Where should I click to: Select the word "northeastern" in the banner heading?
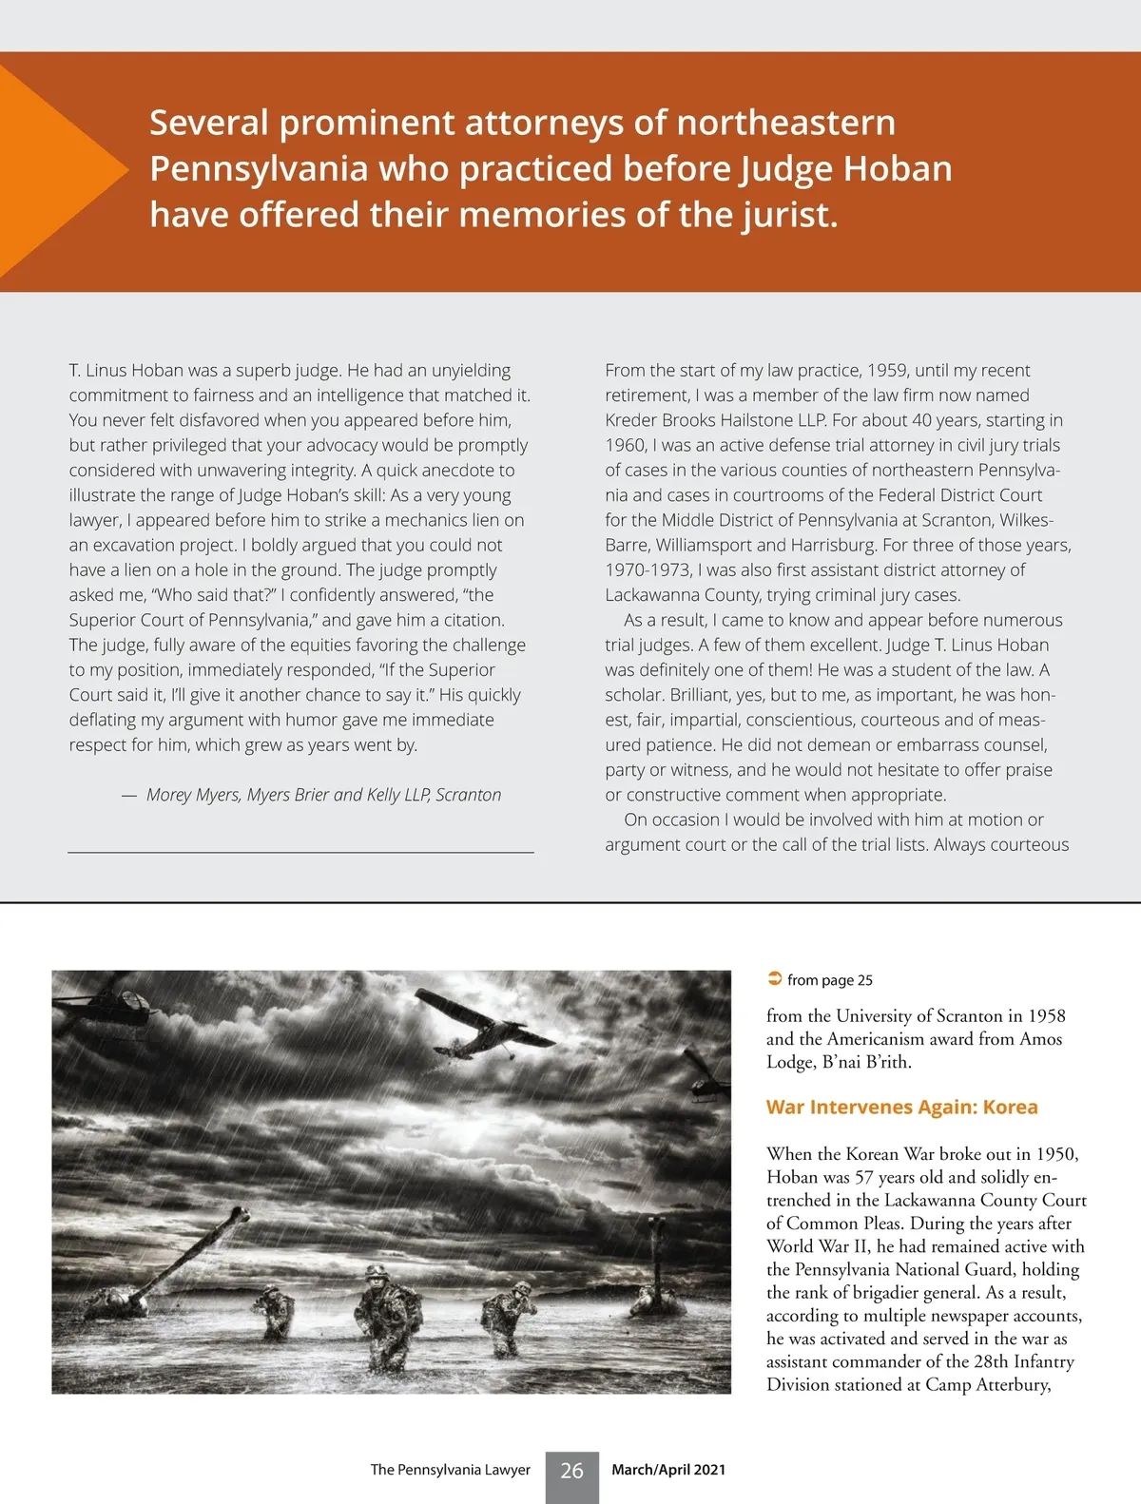point(785,123)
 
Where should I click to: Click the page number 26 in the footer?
point(571,1471)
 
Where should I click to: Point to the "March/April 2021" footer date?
point(668,1470)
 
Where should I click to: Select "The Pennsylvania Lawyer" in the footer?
point(450,1470)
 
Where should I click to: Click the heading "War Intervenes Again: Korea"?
point(901,1107)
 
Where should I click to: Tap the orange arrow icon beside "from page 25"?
point(774,979)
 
